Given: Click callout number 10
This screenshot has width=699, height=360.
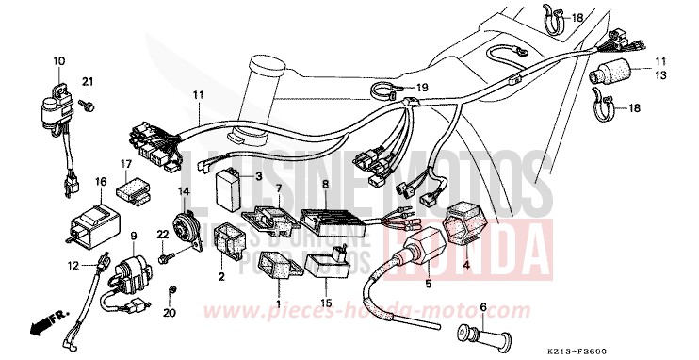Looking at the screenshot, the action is click(x=58, y=61).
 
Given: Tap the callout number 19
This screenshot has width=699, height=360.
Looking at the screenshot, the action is click(x=422, y=88).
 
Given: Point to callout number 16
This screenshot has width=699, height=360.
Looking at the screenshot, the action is click(x=100, y=181).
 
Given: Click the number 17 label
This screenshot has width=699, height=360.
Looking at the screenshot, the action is click(x=125, y=164).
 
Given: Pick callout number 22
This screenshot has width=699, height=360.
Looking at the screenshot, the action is click(x=161, y=235).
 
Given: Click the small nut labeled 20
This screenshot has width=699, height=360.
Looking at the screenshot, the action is click(x=171, y=287).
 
